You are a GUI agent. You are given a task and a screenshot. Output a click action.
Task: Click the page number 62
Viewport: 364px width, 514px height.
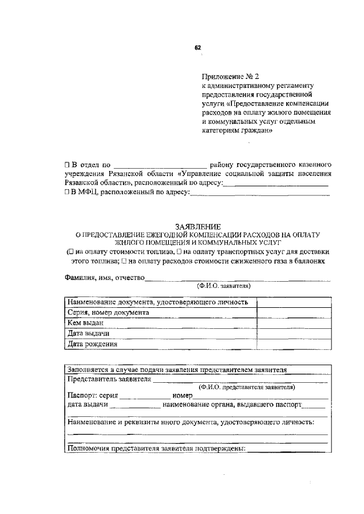pyautogui.click(x=197, y=48)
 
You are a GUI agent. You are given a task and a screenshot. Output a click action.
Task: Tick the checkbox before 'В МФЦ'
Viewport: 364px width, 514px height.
pyautogui.click(x=67, y=193)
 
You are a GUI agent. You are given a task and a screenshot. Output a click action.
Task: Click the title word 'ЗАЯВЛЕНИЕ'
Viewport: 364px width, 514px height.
pyautogui.click(x=198, y=227)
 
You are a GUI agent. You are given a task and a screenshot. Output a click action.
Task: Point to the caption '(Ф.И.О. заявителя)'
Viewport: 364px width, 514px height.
pyautogui.click(x=224, y=286)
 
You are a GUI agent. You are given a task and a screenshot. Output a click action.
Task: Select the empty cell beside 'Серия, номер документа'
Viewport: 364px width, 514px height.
pyautogui.click(x=293, y=312)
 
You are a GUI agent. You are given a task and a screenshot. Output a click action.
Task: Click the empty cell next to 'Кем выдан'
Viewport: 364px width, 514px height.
pyautogui.click(x=293, y=323)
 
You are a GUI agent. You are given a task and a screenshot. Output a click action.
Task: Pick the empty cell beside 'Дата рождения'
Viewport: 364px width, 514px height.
pyautogui.click(x=293, y=344)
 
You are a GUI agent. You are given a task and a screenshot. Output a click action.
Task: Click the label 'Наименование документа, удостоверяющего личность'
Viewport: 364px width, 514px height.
pyautogui.click(x=158, y=302)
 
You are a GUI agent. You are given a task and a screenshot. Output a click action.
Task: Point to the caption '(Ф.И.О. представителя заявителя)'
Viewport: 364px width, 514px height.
pyautogui.click(x=246, y=386)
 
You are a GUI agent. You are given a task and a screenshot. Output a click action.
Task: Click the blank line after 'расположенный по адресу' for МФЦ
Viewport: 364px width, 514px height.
pyautogui.click(x=259, y=196)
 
